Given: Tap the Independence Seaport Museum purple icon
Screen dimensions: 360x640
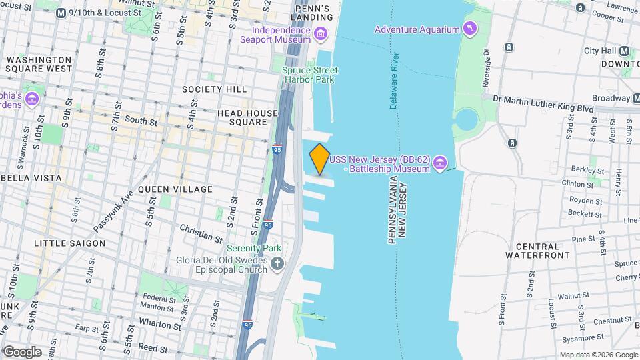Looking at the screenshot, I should (x=321, y=34).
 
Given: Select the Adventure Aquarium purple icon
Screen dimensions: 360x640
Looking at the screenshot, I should (x=471, y=29).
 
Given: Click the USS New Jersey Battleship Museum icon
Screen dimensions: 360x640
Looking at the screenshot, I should (x=439, y=163).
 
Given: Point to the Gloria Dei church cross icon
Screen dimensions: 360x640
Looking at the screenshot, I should (x=278, y=265).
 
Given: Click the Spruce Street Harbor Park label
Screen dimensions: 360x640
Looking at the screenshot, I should (x=309, y=75).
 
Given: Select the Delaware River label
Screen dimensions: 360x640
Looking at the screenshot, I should (x=394, y=80).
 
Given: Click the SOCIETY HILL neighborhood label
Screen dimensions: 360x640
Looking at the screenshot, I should (x=214, y=89).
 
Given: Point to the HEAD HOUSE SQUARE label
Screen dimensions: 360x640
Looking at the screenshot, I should (x=247, y=118).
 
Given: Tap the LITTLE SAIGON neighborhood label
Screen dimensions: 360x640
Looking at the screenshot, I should (x=70, y=243).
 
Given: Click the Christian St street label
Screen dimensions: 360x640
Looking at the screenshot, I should (x=201, y=233).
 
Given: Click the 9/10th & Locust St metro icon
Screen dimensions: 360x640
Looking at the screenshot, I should (x=61, y=13).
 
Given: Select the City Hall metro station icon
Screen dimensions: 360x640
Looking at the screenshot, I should (x=625, y=51).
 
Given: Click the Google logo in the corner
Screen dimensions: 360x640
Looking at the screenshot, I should (x=22, y=351).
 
